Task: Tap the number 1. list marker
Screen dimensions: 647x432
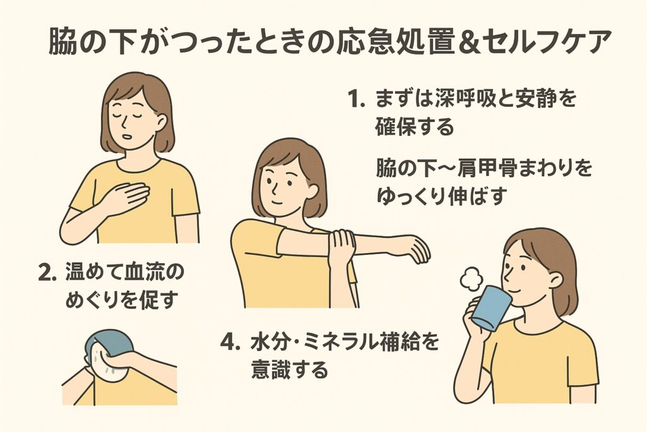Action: tap(356, 100)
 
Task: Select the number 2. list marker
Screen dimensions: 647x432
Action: tap(47, 274)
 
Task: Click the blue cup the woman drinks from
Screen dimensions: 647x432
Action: tap(491, 308)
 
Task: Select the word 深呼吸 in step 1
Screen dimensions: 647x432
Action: tap(456, 99)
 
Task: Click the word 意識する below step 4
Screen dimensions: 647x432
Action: tap(289, 369)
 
